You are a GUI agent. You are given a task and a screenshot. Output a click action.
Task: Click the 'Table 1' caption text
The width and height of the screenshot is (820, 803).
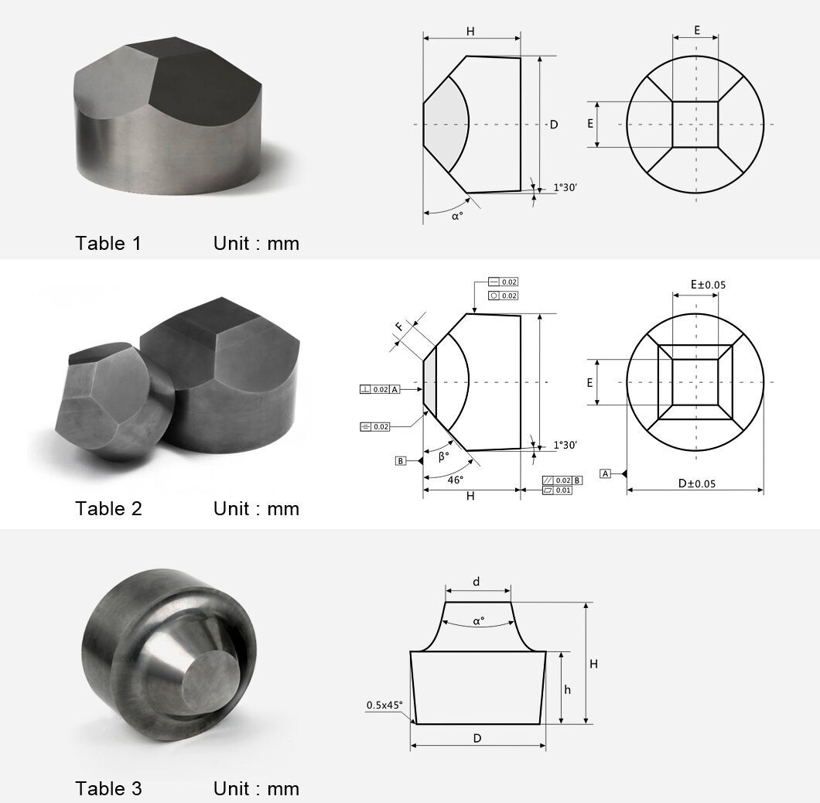pyautogui.click(x=108, y=244)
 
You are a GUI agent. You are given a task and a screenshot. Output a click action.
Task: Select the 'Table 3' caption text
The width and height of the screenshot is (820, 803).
pyautogui.click(x=108, y=789)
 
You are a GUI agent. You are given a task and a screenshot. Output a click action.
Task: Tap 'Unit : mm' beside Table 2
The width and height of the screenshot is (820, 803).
pyautogui.click(x=256, y=509)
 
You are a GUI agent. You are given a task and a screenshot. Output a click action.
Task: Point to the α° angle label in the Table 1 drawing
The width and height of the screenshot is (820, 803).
pyautogui.click(x=457, y=217)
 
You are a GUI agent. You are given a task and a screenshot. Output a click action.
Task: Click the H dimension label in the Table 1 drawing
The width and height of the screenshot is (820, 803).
pyautogui.click(x=470, y=31)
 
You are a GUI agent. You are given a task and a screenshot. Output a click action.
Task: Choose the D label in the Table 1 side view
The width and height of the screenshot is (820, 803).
pyautogui.click(x=554, y=125)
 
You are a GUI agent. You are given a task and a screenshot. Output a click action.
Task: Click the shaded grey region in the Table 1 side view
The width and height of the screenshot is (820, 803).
pyautogui.click(x=447, y=124)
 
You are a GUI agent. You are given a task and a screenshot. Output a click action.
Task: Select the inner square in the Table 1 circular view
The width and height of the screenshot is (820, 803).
pyautogui.click(x=695, y=124)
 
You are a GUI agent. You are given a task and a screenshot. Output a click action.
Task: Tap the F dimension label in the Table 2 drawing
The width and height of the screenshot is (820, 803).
pyautogui.click(x=399, y=326)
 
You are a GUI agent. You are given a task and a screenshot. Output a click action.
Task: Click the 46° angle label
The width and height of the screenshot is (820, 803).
pyautogui.click(x=456, y=480)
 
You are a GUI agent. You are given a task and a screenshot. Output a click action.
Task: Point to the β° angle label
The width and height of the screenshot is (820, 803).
pyautogui.click(x=443, y=456)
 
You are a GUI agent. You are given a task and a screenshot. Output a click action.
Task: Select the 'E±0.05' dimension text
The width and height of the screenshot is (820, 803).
pyautogui.click(x=708, y=285)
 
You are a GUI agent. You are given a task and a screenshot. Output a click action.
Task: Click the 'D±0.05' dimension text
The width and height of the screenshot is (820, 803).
pyautogui.click(x=696, y=484)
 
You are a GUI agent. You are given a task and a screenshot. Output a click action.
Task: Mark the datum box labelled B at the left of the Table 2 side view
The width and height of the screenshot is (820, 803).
pyautogui.click(x=401, y=461)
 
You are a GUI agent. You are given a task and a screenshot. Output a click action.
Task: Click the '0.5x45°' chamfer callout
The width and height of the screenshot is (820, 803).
pyautogui.click(x=384, y=705)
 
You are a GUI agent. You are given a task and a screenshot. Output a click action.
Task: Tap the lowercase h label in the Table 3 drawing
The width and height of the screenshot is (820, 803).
pyautogui.click(x=567, y=690)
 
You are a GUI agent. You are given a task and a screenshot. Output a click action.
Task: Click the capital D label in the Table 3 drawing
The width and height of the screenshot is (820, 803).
pyautogui.click(x=477, y=738)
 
